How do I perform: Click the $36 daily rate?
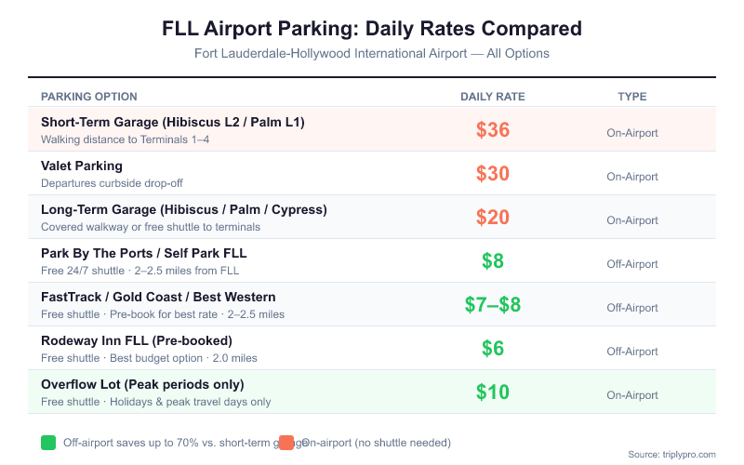493,130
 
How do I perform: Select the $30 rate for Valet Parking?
493,174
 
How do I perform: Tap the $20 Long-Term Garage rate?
493,218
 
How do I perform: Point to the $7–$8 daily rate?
493,305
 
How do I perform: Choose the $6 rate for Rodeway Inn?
493,349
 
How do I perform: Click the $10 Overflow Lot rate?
493,392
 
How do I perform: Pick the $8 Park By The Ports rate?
493,261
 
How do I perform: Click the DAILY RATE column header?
493,97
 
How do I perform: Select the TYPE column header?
632,97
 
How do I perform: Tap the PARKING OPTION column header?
89,97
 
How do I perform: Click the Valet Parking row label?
82,166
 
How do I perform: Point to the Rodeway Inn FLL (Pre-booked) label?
137,340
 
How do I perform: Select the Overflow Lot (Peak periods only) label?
142,384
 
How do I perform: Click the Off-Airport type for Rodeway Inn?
632,352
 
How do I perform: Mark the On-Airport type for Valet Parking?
632,177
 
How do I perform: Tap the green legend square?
48,443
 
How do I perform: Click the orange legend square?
286,443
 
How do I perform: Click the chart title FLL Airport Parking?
372,29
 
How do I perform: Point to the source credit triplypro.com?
671,455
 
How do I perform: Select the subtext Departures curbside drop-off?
112,183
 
